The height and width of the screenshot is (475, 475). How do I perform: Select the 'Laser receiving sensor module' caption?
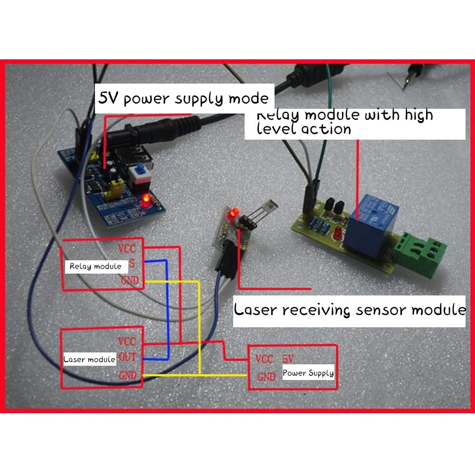(x=350, y=310)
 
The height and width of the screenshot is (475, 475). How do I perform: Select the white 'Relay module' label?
(x=95, y=266)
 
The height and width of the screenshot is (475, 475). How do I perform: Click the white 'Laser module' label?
(x=89, y=359)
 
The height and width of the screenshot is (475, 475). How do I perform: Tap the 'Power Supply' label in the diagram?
(x=308, y=373)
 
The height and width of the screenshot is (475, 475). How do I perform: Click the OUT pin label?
(x=127, y=357)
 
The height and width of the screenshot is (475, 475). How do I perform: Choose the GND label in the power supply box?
(x=266, y=377)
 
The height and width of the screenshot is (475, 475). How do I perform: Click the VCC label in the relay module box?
(x=127, y=248)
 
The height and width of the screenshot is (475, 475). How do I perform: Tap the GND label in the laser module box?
(x=127, y=375)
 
